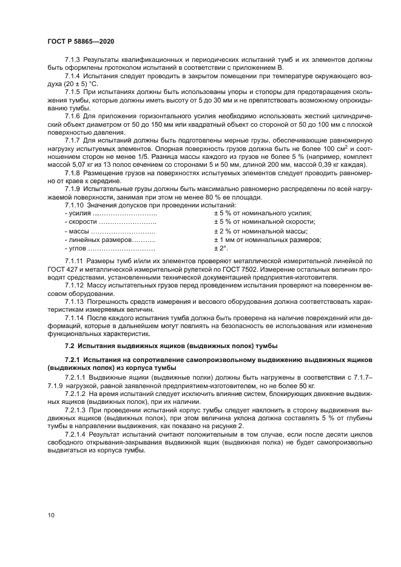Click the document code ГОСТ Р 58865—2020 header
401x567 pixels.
pyautogui.click(x=80, y=40)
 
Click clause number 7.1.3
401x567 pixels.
pyautogui.click(x=73, y=60)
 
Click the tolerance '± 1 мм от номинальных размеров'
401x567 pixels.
pyautogui.click(x=268, y=240)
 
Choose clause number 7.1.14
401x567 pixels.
pyautogui.click(x=75, y=317)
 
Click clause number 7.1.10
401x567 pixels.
pyautogui.click(x=75, y=205)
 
